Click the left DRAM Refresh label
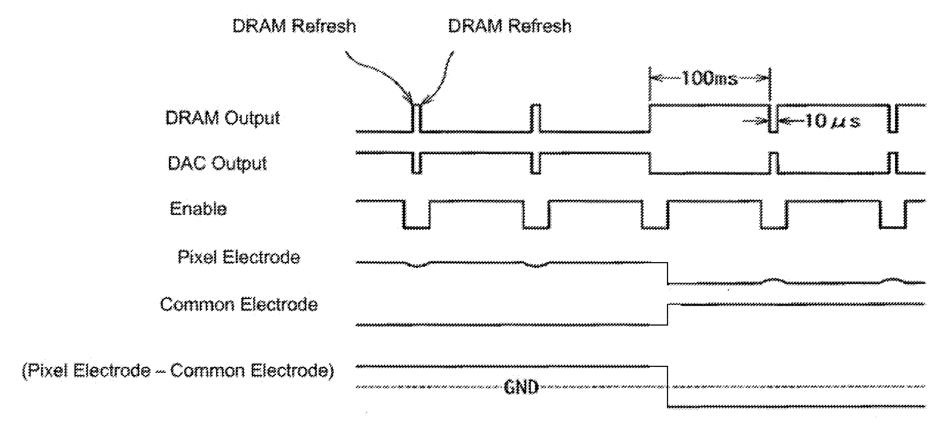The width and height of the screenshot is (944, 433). [294, 26]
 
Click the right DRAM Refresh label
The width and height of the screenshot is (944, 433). [510, 26]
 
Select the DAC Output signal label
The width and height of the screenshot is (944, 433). [217, 164]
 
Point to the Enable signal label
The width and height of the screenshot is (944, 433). [198, 209]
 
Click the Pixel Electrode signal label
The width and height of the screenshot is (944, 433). [239, 257]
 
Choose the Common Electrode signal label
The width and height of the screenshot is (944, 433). [239, 305]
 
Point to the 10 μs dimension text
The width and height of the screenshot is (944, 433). [832, 121]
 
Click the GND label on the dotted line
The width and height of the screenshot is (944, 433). [521, 388]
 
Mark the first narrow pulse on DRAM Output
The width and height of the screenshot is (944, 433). [417, 118]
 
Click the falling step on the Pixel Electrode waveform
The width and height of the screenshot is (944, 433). [667, 273]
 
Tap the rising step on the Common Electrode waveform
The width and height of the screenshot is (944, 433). [668, 315]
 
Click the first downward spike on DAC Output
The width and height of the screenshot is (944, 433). [416, 162]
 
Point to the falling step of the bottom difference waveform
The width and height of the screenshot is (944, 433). [667, 386]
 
